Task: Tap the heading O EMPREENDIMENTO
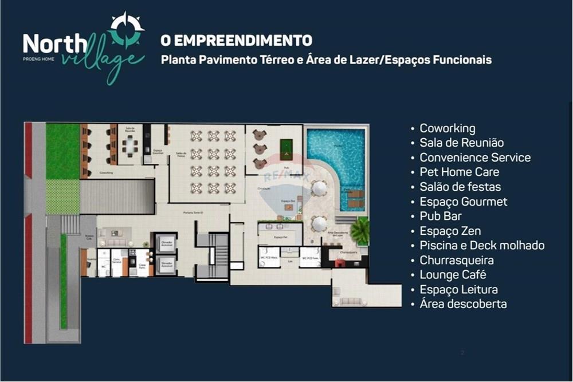(x=236, y=41)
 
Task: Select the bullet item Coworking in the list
(x=447, y=128)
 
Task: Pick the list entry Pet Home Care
(x=459, y=172)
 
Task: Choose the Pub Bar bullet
(x=440, y=216)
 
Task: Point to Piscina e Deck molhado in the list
(x=482, y=245)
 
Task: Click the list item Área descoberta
(x=463, y=304)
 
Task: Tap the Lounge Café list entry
(x=453, y=275)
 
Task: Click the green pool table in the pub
(x=286, y=147)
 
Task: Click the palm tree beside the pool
(x=360, y=231)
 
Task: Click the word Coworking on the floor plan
(x=106, y=172)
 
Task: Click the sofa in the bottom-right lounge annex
(x=351, y=301)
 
